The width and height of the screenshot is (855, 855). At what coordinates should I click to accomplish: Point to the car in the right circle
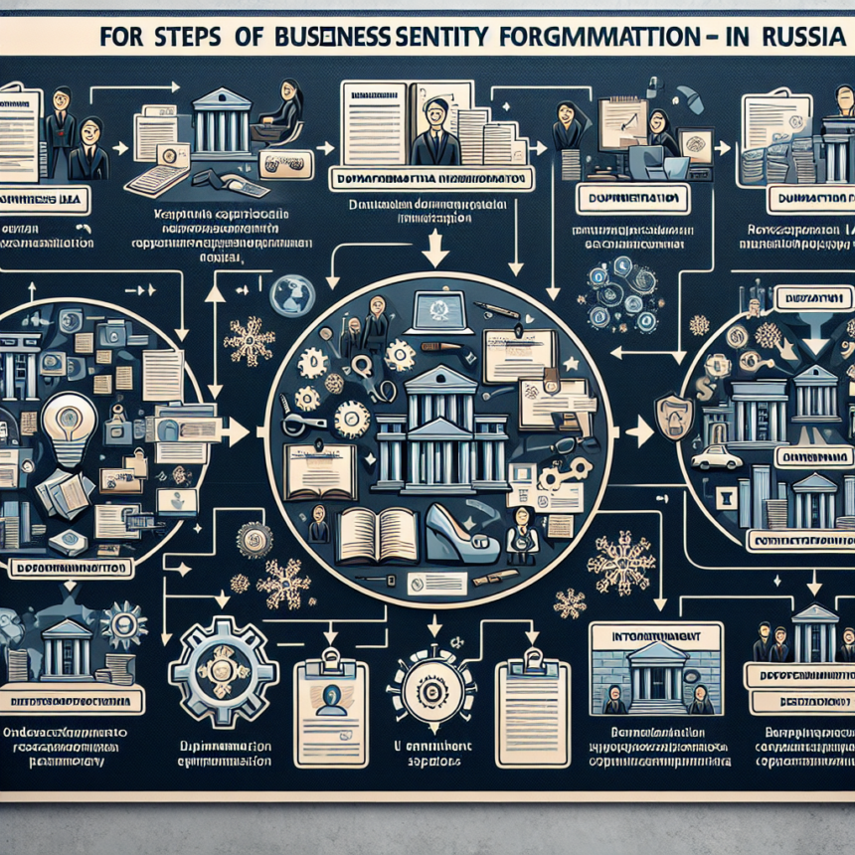tap(717, 456)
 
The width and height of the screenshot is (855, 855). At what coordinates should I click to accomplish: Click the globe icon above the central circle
tap(293, 294)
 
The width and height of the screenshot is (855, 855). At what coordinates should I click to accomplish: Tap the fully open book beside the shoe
tap(377, 534)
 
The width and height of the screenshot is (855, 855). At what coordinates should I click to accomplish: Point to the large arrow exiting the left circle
tap(236, 431)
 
